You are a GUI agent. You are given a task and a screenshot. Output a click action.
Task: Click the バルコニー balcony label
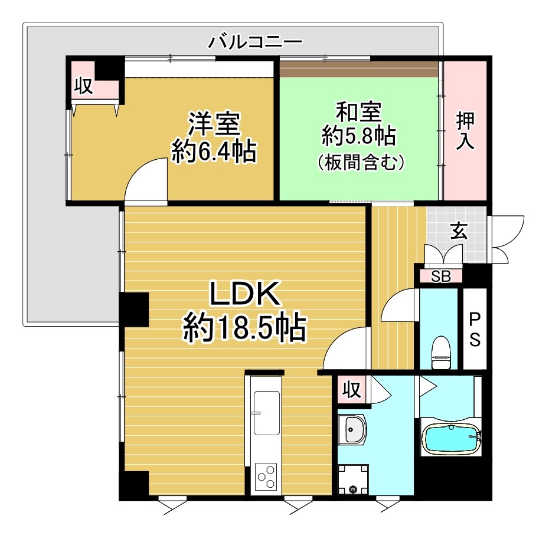pyautogui.click(x=256, y=42)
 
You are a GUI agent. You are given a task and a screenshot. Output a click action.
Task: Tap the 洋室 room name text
pyautogui.click(x=214, y=125)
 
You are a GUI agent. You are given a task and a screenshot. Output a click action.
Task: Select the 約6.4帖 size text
pyautogui.click(x=214, y=152)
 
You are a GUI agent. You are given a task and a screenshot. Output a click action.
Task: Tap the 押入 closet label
pyautogui.click(x=465, y=131)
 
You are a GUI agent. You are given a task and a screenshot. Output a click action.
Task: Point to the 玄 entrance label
pyautogui.click(x=459, y=231)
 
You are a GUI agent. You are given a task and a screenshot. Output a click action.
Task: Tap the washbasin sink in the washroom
pyautogui.click(x=352, y=429)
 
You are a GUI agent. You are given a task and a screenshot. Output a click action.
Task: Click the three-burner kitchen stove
pyautogui.click(x=266, y=476)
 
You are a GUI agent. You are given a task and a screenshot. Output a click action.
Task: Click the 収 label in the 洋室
pyautogui.click(x=83, y=87)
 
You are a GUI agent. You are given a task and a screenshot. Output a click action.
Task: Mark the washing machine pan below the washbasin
pyautogui.click(x=353, y=479)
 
